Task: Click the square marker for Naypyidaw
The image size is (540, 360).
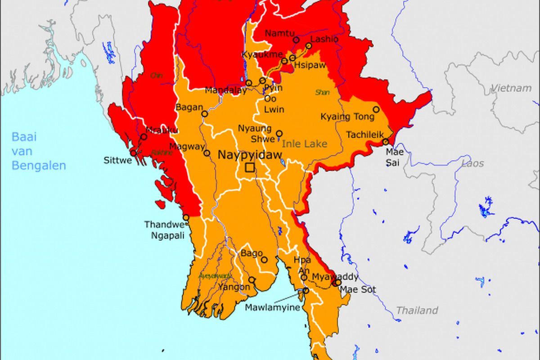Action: pos(249,168)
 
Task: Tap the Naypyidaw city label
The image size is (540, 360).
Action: pos(250,155)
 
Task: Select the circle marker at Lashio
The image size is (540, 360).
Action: pos(309,46)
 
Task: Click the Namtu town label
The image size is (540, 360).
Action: pos(279,33)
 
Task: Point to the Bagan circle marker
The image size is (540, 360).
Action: pos(205,114)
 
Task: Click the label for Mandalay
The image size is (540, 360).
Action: pos(225,90)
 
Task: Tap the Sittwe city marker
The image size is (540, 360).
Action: pos(133,153)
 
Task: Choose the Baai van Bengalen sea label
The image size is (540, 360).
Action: pos(38,151)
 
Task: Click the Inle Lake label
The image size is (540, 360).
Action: pos(305,144)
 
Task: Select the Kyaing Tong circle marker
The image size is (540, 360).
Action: pos(376,109)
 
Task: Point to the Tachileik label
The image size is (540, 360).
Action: pos(365,135)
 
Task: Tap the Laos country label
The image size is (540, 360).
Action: pos(472,163)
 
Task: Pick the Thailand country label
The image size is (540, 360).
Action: pos(417,310)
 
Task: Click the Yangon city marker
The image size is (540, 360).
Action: pos(252,279)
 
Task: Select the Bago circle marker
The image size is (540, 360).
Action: pos(264,260)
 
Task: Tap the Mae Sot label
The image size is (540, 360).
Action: pos(358,289)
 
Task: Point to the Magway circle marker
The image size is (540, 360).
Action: pos(207,153)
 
